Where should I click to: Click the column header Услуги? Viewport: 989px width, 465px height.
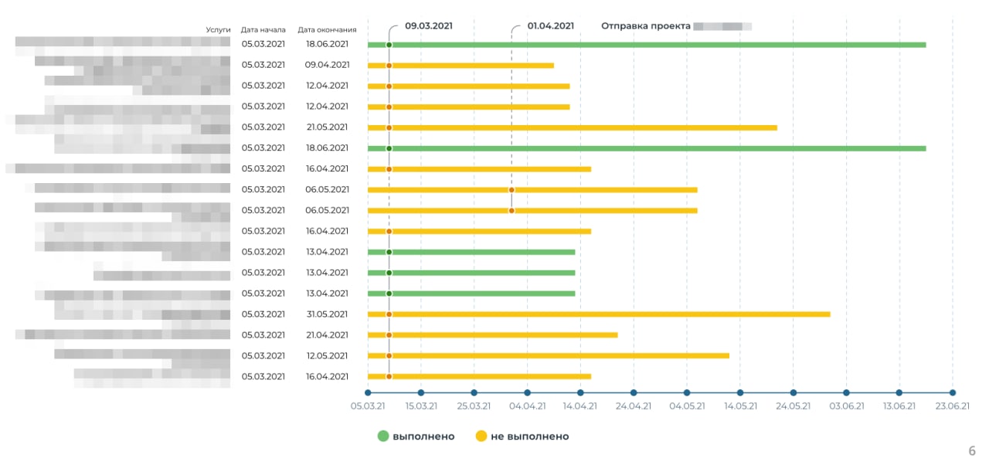[218, 29]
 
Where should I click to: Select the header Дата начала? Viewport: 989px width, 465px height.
[263, 29]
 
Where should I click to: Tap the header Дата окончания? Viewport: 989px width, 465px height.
[328, 29]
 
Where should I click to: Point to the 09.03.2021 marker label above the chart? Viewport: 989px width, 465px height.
[429, 25]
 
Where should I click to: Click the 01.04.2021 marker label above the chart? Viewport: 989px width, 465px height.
[551, 25]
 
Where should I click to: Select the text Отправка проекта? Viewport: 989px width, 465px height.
[646, 25]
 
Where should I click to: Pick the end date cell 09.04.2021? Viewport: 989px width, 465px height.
[328, 65]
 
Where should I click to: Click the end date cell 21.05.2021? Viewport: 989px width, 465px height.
[328, 127]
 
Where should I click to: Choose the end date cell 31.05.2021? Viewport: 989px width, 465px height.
[328, 314]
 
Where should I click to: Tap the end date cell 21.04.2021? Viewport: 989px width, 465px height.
[328, 335]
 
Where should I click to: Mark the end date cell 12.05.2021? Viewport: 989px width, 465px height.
[328, 356]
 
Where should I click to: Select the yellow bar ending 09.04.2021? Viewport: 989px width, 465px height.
[471, 66]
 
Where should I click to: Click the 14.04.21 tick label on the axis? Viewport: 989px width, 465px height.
[580, 406]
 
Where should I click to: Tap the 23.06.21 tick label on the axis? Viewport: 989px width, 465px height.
[953, 406]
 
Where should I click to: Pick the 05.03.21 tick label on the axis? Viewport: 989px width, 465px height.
[368, 406]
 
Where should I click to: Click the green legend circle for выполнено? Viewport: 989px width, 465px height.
[383, 436]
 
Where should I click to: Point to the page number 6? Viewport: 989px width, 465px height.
[972, 451]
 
